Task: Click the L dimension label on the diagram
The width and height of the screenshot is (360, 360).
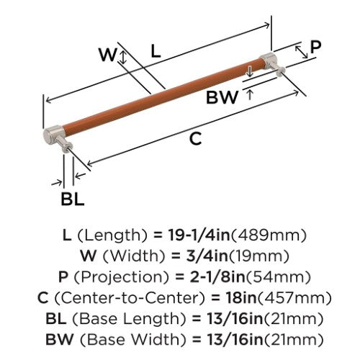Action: click(x=156, y=52)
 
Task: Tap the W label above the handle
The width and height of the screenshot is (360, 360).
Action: click(x=108, y=55)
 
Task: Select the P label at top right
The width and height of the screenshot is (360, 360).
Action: click(x=315, y=47)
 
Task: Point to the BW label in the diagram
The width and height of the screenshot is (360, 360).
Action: click(x=222, y=97)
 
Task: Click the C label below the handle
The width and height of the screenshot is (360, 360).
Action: click(x=196, y=139)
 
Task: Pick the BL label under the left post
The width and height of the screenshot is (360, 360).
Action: click(x=73, y=199)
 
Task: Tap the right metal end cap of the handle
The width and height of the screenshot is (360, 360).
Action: click(x=268, y=59)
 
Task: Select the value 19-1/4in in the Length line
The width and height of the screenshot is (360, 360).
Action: click(x=199, y=235)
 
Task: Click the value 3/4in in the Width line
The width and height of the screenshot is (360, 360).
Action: click(x=207, y=256)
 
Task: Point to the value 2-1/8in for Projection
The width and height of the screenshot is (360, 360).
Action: click(x=217, y=276)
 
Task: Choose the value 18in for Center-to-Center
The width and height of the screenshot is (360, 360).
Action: click(x=241, y=297)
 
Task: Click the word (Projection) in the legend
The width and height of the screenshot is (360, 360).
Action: click(x=122, y=277)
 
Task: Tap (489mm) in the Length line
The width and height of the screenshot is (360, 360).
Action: click(x=269, y=235)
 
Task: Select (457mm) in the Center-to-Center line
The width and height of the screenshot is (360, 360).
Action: click(x=294, y=298)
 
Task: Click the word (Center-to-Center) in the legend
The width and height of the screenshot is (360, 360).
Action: click(x=130, y=298)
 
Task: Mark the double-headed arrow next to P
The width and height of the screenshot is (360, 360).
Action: click(x=302, y=53)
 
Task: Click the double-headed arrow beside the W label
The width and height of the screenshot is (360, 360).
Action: click(x=123, y=58)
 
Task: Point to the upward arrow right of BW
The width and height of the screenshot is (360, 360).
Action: click(x=250, y=94)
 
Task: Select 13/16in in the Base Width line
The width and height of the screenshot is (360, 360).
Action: click(x=235, y=339)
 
